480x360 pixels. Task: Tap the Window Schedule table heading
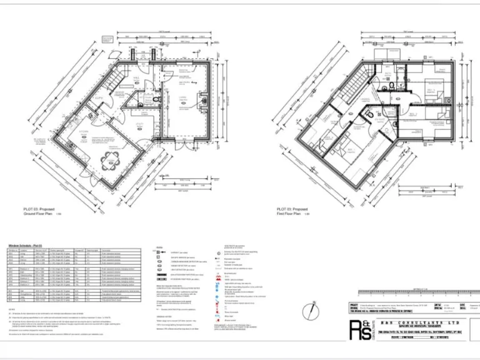click(x=26, y=246)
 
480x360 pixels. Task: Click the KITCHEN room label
click(x=83, y=132)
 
